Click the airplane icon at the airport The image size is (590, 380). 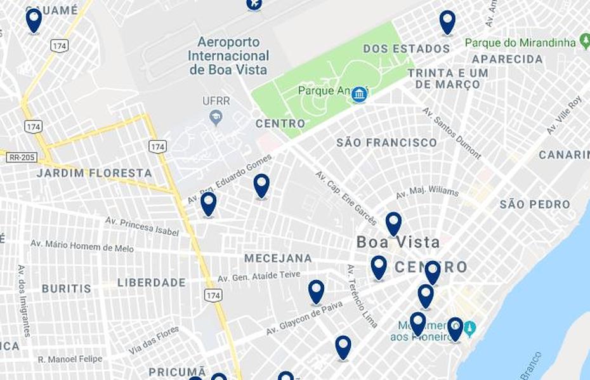click(254, 4)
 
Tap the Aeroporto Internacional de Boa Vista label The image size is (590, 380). click(228, 56)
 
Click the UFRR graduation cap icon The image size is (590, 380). click(216, 117)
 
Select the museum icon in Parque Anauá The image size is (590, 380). click(360, 95)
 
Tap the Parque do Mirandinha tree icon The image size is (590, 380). click(585, 42)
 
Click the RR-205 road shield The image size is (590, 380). click(22, 157)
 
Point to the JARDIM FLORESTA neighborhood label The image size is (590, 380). click(94, 173)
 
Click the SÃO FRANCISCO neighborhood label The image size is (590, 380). click(386, 143)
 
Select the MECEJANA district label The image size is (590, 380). click(278, 258)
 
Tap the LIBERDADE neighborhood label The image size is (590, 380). click(151, 282)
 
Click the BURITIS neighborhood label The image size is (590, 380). click(67, 289)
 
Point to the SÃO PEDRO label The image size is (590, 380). click(534, 204)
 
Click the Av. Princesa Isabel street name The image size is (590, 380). click(142, 226)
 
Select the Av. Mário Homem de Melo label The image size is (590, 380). click(82, 246)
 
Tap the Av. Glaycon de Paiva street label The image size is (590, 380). click(304, 318)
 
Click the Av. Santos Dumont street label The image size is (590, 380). click(452, 133)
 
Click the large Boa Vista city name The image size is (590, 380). click(398, 242)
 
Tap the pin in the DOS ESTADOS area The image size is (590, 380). click(447, 22)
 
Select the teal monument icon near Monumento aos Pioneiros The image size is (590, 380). click(469, 329)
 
